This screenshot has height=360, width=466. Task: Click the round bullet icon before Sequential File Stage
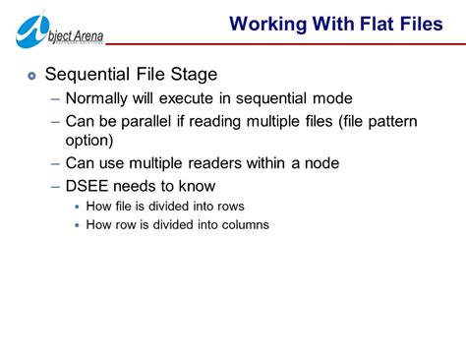point(31,74)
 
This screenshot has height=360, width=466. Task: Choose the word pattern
point(391,121)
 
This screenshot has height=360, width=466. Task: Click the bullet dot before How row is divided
point(78,225)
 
